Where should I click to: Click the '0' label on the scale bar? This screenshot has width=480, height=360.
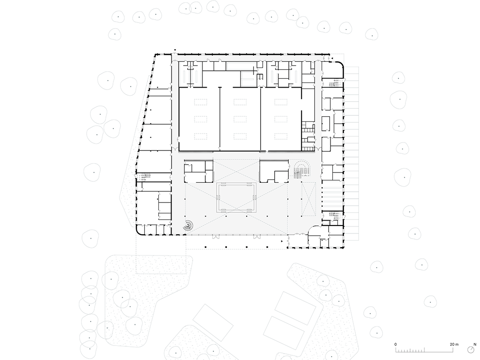click(x=395, y=345)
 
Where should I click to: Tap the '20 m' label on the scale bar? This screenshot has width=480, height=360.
click(x=454, y=345)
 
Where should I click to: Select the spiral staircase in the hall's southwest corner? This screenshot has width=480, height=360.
click(x=188, y=225)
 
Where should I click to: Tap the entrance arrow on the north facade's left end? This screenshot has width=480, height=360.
click(x=175, y=50)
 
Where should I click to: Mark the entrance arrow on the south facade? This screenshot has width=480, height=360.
click(x=282, y=240)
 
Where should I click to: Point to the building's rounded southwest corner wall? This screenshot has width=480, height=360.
click(x=139, y=231)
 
